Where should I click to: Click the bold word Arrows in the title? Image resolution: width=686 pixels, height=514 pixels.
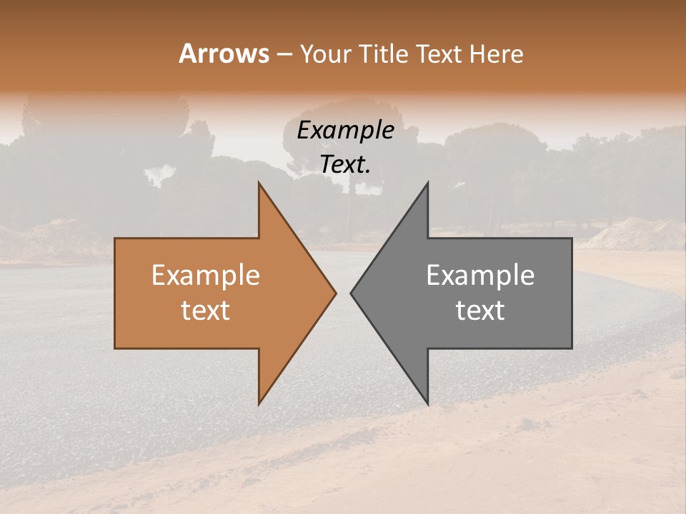click(x=224, y=54)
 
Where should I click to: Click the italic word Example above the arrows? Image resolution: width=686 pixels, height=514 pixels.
click(x=346, y=131)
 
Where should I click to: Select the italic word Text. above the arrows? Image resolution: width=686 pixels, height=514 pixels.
click(x=346, y=165)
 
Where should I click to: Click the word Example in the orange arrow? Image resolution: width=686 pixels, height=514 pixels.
click(x=206, y=276)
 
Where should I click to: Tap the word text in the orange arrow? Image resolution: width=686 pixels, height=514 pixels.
click(x=206, y=311)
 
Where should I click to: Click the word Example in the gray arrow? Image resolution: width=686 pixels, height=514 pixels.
click(x=480, y=276)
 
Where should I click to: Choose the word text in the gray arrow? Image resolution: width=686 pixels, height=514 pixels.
click(x=480, y=311)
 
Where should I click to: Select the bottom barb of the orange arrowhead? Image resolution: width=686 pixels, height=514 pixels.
click(x=261, y=400)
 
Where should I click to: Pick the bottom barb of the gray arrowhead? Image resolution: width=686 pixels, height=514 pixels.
click(x=426, y=400)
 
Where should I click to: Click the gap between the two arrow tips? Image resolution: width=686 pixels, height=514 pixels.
click(x=343, y=293)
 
